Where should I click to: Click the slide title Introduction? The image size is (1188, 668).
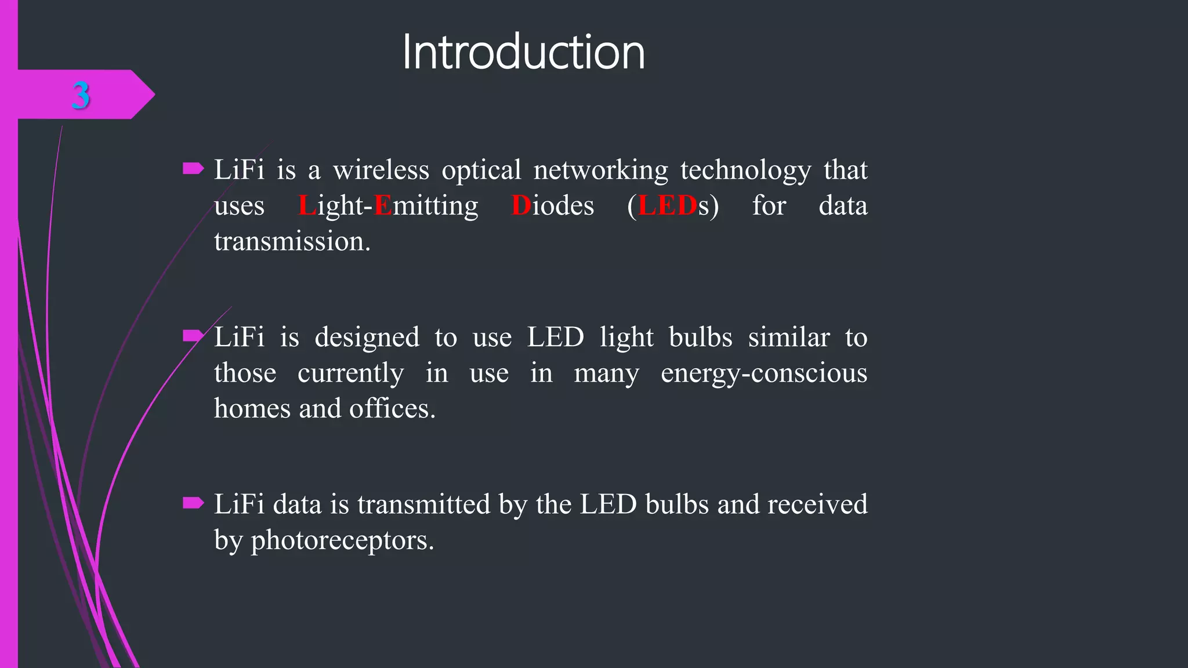[523, 52]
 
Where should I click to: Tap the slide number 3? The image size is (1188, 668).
[81, 95]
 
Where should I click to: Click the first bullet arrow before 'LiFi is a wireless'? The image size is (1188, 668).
[193, 169]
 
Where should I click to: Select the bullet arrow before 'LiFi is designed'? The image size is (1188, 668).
[193, 336]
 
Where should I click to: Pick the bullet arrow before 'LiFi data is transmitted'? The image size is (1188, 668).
[193, 503]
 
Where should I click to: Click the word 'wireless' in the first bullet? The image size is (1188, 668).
[381, 170]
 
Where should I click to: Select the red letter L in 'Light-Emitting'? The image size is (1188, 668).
[307, 206]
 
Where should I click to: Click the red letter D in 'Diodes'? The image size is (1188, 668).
[521, 206]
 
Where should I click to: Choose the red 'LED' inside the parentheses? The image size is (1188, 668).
[667, 206]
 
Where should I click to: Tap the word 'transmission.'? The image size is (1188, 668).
[292, 241]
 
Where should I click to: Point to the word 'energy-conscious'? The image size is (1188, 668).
[763, 373]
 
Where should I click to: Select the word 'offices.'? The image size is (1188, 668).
[392, 409]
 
